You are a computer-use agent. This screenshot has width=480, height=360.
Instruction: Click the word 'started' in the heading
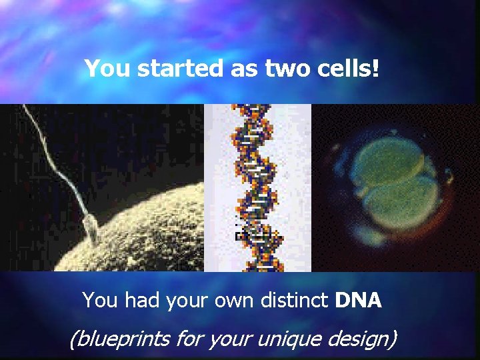click(175, 69)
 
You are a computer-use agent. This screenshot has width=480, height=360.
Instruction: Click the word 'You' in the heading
click(108, 69)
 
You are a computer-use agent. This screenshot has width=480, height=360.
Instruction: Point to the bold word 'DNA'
click(359, 301)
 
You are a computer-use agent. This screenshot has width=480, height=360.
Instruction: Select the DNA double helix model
click(257, 187)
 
